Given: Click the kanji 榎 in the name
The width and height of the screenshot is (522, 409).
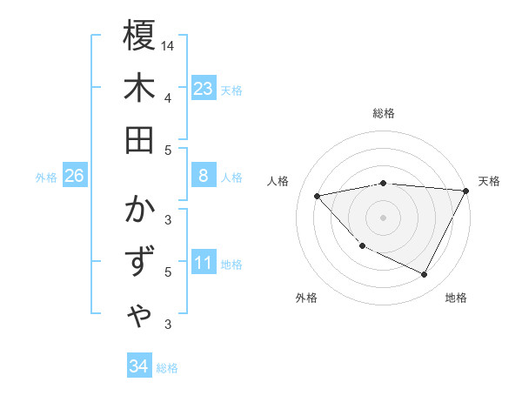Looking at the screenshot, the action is coord(139,37).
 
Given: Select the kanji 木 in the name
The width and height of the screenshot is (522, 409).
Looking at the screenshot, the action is coord(139,88).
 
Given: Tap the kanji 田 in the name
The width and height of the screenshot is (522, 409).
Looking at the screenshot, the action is coord(139,139).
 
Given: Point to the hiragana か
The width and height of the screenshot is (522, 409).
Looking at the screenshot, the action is coord(139,212).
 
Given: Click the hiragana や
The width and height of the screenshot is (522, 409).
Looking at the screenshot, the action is coord(139,314).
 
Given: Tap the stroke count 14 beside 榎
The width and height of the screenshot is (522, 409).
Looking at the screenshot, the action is coord(169,45).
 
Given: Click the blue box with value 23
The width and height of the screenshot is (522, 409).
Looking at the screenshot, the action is coord(204,89).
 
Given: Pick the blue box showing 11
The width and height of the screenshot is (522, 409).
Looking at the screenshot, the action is coord(204,263).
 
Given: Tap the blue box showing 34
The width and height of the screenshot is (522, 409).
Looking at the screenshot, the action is coord(138,366).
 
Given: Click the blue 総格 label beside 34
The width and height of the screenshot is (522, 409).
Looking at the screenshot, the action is coord(167,368).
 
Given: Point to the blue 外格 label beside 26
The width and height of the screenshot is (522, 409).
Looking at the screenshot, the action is coord(46,178).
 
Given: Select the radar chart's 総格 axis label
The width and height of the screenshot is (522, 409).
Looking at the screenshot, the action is coord(384,113).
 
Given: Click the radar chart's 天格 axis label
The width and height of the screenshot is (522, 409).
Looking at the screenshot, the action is coord(489,181).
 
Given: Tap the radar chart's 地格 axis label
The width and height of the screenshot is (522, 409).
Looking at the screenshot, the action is coord(456,298).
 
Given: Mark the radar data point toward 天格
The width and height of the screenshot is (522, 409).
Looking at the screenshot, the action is coord(465,191).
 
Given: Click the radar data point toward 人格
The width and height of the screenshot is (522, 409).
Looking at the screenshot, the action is coord(318,196).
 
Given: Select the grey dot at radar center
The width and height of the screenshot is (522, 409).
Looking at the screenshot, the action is coord(383,217).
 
